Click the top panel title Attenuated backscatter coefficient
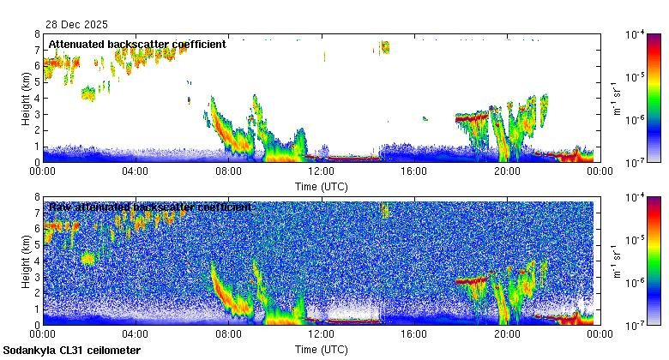click(x=137, y=44)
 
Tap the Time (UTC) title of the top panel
click(x=321, y=185)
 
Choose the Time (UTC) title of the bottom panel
click(x=321, y=349)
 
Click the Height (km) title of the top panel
click(x=27, y=98)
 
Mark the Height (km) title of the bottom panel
click(x=27, y=261)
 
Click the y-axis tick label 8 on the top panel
click(x=37, y=34)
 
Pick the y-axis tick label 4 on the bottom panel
click(x=37, y=261)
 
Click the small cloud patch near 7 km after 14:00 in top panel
click(x=385, y=46)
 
